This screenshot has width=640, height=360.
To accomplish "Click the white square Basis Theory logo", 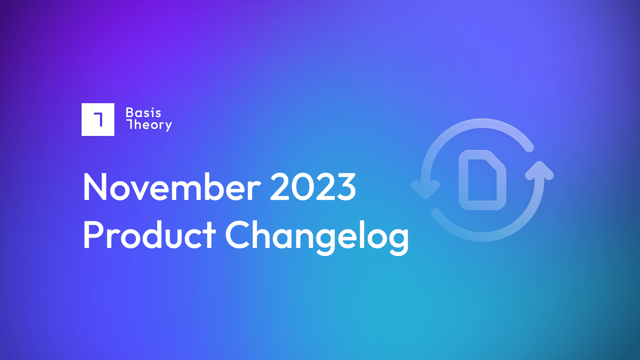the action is point(98,120).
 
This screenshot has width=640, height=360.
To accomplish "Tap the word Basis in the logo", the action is point(144,113).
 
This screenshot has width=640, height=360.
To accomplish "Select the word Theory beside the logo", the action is point(149,126).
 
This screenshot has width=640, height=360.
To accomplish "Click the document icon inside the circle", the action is point(482,180).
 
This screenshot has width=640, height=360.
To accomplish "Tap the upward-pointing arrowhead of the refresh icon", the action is point(540,171).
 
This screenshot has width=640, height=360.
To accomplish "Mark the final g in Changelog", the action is point(397,241).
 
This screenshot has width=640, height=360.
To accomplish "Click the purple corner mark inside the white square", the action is point(98,120).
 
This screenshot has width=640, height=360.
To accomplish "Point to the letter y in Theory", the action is point(168,126).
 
